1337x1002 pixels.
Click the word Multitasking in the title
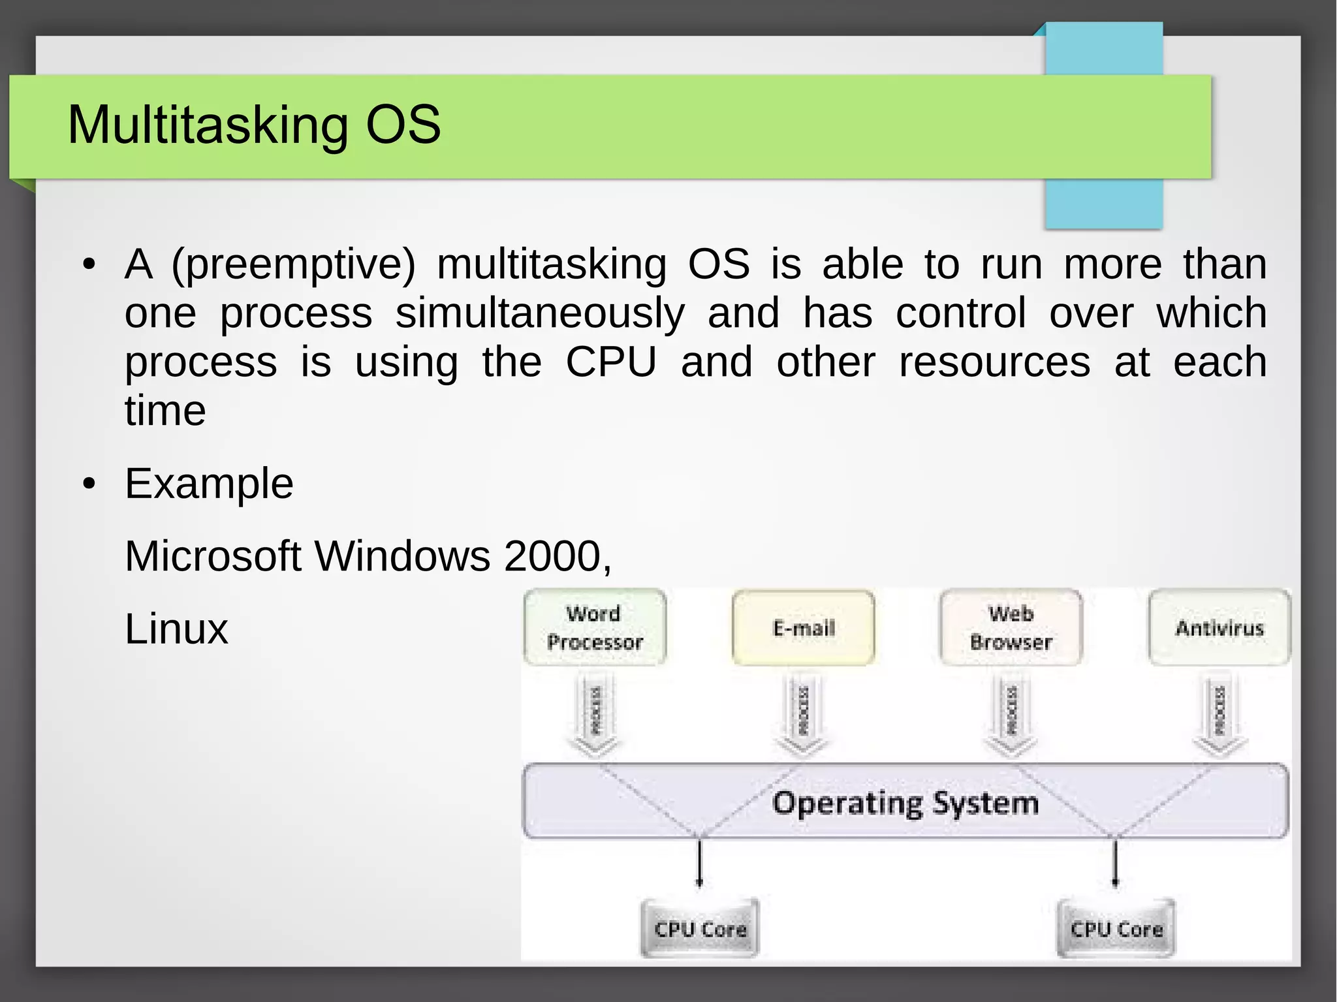pyautogui.click(x=208, y=125)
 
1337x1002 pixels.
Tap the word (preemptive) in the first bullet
pyautogui.click(x=293, y=265)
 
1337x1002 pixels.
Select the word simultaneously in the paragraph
pyautogui.click(x=540, y=313)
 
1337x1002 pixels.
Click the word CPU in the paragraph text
pyautogui.click(x=610, y=362)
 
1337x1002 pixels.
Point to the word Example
pyautogui.click(x=209, y=484)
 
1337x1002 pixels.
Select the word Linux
pyautogui.click(x=176, y=629)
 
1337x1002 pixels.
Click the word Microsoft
pyautogui.click(x=213, y=556)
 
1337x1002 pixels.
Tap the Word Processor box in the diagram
pyautogui.click(x=595, y=627)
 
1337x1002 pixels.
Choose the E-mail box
pyautogui.click(x=803, y=628)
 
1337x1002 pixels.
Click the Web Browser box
pyautogui.click(x=1011, y=627)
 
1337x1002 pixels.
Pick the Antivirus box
pyautogui.click(x=1219, y=628)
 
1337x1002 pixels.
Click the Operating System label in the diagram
pyautogui.click(x=905, y=802)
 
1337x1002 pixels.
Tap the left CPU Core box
pyautogui.click(x=700, y=928)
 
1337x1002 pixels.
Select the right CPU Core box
pyautogui.click(x=1116, y=928)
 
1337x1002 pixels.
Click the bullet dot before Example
pyautogui.click(x=89, y=484)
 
